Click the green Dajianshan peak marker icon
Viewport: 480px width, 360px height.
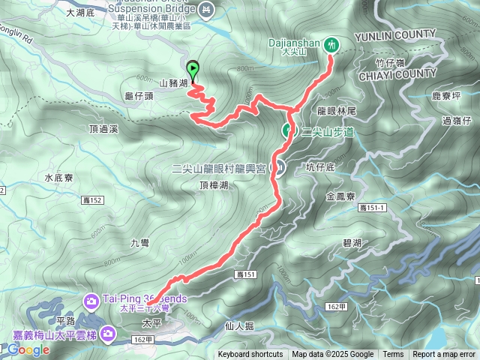tap(331, 46)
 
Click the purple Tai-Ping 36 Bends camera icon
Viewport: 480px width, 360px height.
tap(92, 300)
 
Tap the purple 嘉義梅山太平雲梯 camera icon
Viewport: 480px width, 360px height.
tap(109, 331)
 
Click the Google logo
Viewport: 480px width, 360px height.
tap(28, 349)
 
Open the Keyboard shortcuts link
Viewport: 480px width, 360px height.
tap(250, 355)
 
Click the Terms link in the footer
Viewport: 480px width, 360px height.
tap(393, 355)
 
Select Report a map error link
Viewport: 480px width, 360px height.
tap(444, 355)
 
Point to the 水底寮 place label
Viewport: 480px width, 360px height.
tap(58, 178)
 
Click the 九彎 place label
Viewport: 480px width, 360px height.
tap(140, 241)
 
